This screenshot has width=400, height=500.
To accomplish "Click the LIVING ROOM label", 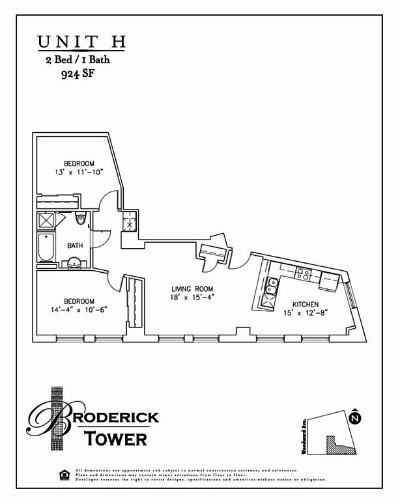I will [x=193, y=288].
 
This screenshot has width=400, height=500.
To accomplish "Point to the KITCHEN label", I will [x=305, y=304].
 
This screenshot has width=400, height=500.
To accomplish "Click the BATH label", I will [x=75, y=245].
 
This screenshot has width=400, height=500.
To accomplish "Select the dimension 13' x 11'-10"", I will [x=79, y=173].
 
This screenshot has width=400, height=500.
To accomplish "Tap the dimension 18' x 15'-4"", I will [x=193, y=297].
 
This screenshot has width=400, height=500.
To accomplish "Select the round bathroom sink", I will [x=74, y=263].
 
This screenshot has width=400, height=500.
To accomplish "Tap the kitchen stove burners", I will [x=302, y=273].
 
